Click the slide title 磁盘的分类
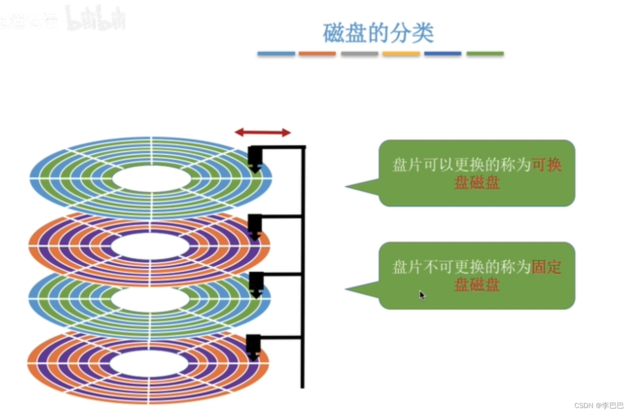378,33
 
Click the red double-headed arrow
263,132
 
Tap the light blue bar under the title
276,54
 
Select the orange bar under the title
317,54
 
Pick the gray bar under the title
359,54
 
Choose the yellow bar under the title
401,54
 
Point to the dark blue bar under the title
443,54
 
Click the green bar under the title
485,54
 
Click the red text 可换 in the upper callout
547,165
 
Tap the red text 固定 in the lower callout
547,267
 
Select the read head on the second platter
255,226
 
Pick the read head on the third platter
256,284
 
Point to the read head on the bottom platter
253,346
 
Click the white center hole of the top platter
152,179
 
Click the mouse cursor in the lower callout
422,295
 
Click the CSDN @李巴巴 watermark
599,405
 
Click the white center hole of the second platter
150,245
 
